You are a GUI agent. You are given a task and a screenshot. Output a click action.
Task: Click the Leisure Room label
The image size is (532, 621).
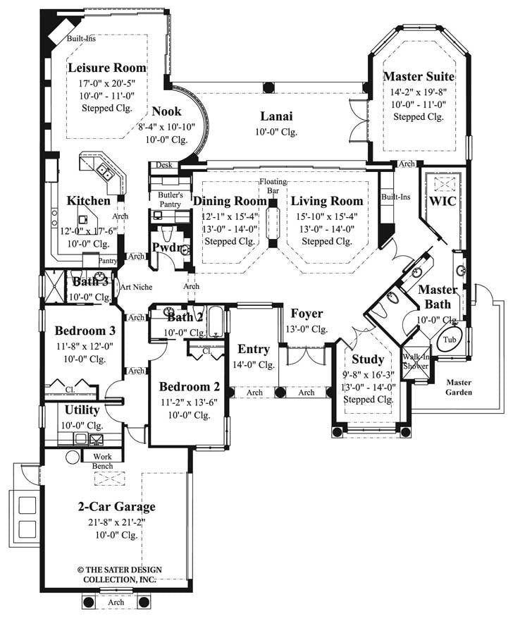(108, 68)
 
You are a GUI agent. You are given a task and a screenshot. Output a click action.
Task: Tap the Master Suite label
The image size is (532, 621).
(418, 76)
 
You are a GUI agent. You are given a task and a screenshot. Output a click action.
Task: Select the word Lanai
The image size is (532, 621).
(276, 116)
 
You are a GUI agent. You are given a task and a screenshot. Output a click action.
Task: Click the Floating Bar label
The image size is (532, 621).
(273, 186)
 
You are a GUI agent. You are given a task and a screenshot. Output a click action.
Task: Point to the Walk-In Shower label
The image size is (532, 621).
(416, 360)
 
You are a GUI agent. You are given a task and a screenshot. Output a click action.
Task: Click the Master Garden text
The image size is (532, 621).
(459, 387)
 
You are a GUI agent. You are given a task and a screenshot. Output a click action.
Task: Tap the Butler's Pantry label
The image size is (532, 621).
(170, 199)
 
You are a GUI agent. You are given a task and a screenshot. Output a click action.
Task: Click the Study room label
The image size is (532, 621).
(368, 359)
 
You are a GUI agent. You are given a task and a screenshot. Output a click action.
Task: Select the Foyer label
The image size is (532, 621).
(307, 313)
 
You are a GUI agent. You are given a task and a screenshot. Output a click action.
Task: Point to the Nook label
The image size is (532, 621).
(166, 111)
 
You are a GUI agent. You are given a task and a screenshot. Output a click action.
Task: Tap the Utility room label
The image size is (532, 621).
(82, 410)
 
